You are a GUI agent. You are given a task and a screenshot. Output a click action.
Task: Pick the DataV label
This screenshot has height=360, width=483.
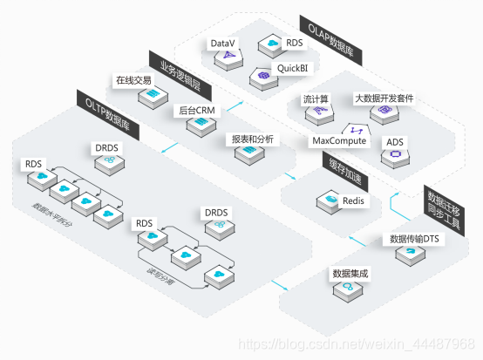click(x=223, y=43)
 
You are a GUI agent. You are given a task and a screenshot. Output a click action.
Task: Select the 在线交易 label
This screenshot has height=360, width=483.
click(x=134, y=80)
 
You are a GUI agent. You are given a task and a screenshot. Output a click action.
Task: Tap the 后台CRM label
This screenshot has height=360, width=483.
click(x=196, y=110)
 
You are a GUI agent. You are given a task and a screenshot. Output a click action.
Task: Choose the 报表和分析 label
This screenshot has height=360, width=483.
click(x=249, y=139)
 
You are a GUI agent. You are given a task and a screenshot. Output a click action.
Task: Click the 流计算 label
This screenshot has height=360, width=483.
click(x=315, y=98)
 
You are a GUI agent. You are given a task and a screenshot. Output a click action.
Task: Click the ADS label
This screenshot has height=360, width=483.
click(x=394, y=140)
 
